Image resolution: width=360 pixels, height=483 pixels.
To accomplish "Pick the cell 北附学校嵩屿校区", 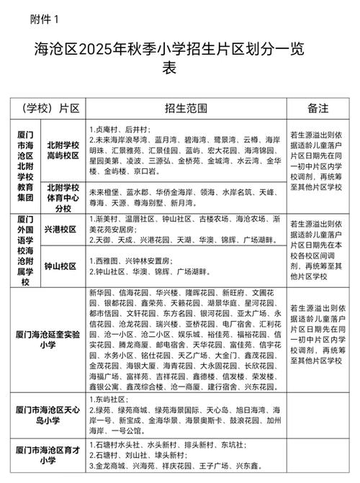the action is point(63,150).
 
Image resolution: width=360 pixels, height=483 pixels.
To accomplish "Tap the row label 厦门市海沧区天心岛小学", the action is point(48,412).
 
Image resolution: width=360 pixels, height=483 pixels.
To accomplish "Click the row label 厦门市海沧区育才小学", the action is point(48,455).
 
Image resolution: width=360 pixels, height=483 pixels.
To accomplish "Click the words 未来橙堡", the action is point(103,192).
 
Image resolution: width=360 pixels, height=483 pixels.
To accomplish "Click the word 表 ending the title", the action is point(168,70).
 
